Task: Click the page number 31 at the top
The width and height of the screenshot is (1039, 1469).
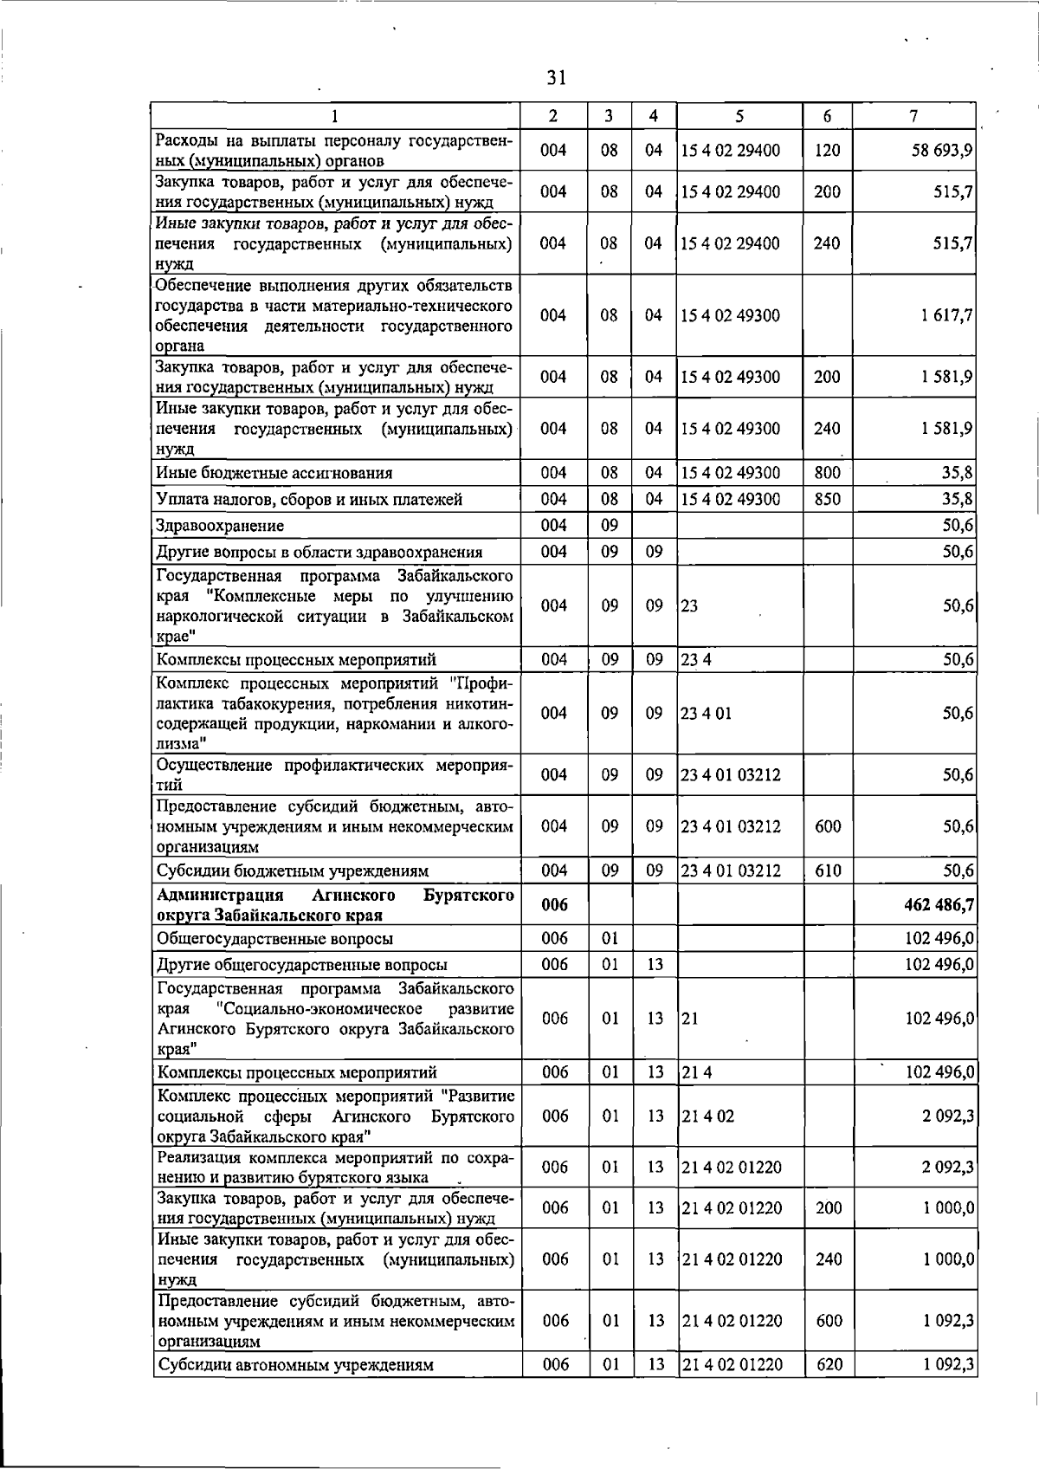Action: [557, 78]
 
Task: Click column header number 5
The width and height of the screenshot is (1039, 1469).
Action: [739, 116]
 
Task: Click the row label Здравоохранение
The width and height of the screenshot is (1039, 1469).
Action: [220, 526]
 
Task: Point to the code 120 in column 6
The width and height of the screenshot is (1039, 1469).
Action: [828, 151]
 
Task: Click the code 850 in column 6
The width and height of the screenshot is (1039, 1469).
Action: [828, 499]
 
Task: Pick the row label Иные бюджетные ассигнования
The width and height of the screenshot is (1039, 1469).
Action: [274, 473]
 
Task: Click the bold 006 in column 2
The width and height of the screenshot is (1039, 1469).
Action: [554, 905]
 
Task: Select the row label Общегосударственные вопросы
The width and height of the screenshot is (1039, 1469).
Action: [274, 939]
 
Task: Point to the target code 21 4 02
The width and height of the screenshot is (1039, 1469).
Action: [707, 1116]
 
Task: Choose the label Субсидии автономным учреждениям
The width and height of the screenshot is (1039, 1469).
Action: [294, 1366]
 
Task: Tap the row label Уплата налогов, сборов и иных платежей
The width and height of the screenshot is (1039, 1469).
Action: [309, 500]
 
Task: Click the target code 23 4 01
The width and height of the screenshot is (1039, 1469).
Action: [707, 714]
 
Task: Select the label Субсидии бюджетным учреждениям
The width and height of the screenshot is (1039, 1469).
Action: [292, 871]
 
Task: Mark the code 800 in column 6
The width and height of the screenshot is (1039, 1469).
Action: [828, 473]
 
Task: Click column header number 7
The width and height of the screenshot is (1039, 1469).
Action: [914, 116]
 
